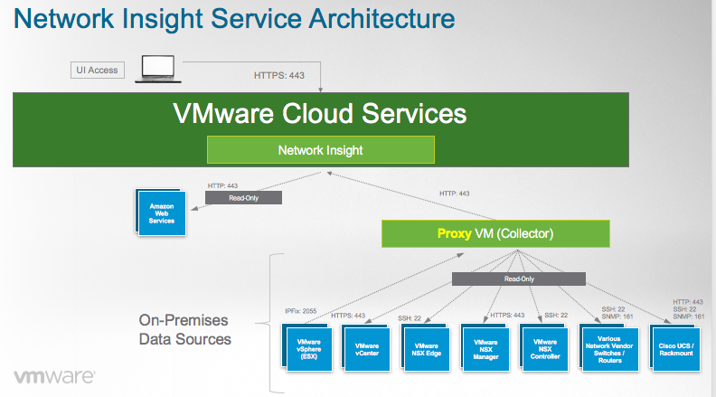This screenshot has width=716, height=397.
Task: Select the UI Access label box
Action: tap(97, 70)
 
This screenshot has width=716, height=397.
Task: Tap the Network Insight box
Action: tap(321, 149)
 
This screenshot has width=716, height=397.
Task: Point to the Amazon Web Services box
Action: tap(163, 213)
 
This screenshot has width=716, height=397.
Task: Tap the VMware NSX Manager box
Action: tap(486, 349)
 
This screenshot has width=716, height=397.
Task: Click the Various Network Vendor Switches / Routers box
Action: tap(609, 349)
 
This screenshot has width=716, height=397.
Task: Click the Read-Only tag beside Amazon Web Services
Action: tap(243, 197)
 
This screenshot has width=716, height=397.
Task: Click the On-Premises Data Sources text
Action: tap(185, 329)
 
